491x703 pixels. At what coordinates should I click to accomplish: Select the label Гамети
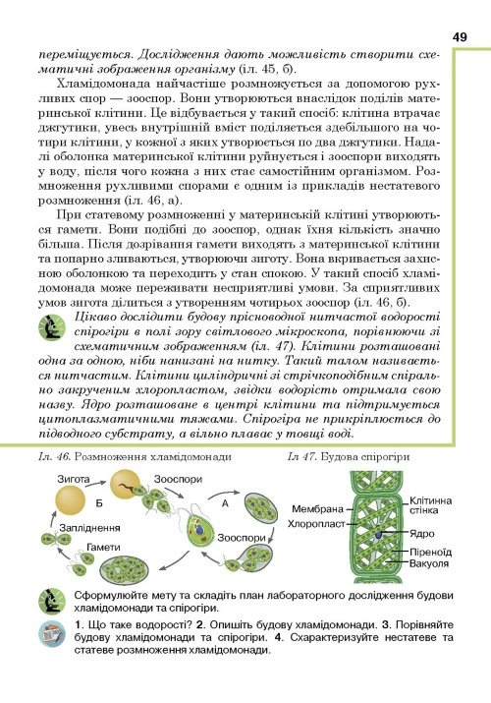[x=102, y=546]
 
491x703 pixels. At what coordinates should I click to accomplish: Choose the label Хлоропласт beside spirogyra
[x=313, y=524]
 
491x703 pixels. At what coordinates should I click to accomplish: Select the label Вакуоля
[x=429, y=564]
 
